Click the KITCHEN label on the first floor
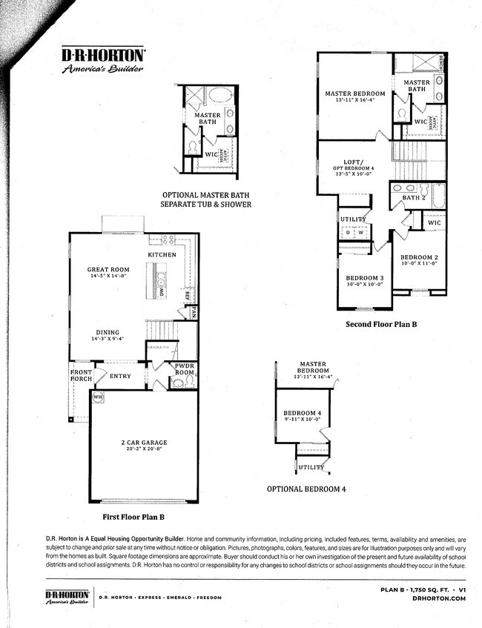click(x=162, y=254)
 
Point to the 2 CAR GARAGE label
click(x=144, y=443)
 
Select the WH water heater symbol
click(x=97, y=397)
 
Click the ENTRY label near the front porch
click(x=120, y=376)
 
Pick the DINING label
click(x=108, y=333)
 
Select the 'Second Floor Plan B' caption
click(x=381, y=325)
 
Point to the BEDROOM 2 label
click(x=419, y=257)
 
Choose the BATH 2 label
click(x=412, y=198)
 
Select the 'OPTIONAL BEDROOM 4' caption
click(x=306, y=489)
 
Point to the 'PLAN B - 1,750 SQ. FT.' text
click(x=412, y=589)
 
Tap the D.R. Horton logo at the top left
click(x=102, y=59)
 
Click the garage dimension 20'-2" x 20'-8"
click(x=144, y=450)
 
